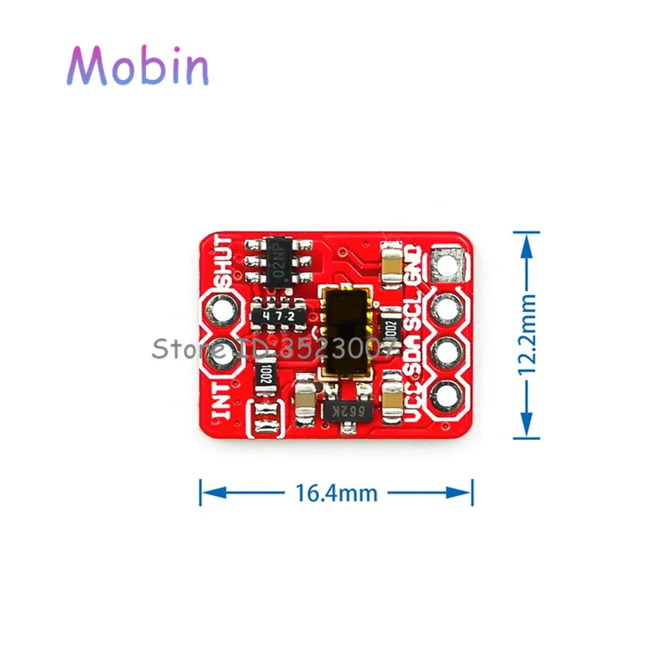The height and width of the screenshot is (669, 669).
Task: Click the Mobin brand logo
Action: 137,66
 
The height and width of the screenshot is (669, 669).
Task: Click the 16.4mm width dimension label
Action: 336,493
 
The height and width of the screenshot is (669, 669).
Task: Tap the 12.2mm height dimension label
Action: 527,335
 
